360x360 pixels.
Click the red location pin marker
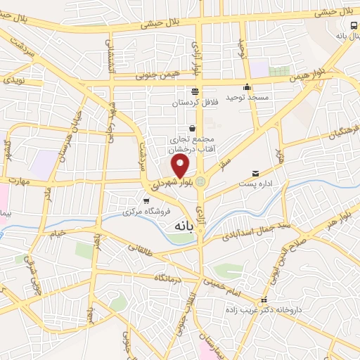pyautogui.click(x=181, y=167)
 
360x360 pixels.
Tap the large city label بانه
pyautogui.click(x=185, y=226)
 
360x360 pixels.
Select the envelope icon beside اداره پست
pyautogui.click(x=255, y=173)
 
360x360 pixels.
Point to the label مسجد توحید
pyautogui.click(x=247, y=96)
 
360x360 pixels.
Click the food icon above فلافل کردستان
pyautogui.click(x=195, y=91)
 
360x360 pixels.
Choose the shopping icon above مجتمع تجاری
pyautogui.click(x=192, y=129)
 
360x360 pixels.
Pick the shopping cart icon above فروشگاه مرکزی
pyautogui.click(x=146, y=200)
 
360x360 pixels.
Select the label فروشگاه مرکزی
pyautogui.click(x=138, y=211)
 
